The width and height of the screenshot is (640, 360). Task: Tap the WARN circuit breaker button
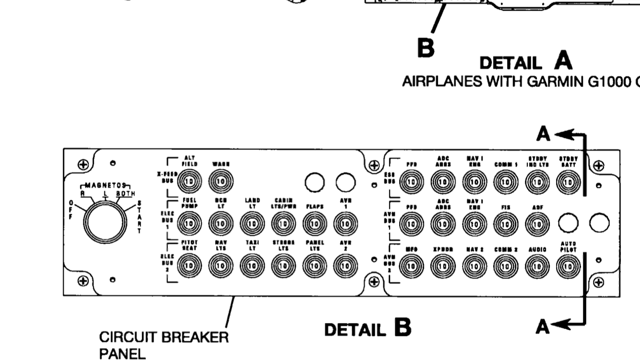pyautogui.click(x=220, y=182)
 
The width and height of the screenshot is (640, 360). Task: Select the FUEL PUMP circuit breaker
pyautogui.click(x=189, y=223)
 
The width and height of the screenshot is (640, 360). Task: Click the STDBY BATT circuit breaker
pyautogui.click(x=569, y=182)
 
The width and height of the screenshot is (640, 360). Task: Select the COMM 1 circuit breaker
pyautogui.click(x=505, y=182)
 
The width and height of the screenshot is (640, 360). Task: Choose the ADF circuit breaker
pyautogui.click(x=536, y=223)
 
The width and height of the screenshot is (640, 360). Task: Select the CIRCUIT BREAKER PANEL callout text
pyautogui.click(x=163, y=345)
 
